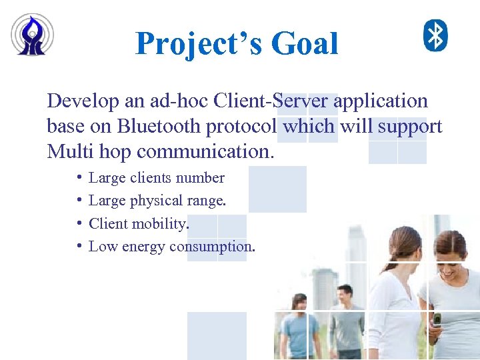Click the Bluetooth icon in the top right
click(436, 35)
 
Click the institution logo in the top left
click(32, 35)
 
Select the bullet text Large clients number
click(156, 178)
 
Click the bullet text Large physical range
click(157, 201)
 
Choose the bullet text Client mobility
click(139, 223)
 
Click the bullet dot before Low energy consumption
click(79, 246)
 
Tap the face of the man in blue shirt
click(299, 304)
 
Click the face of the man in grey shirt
click(345, 295)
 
